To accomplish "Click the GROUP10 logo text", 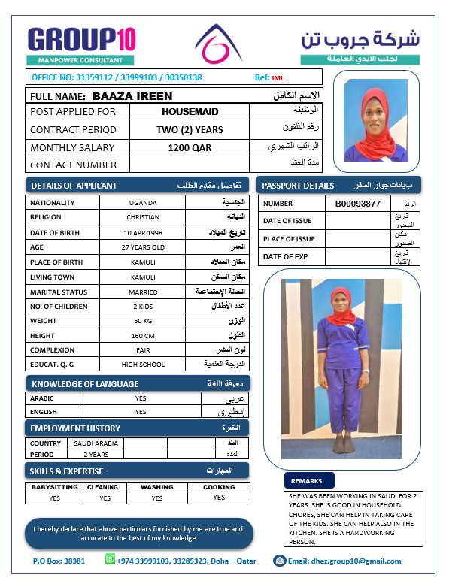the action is (x=81, y=39).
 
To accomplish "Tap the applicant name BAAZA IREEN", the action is (x=132, y=96).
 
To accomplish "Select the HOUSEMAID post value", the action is (x=190, y=111).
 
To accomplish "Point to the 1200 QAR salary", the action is (x=190, y=148).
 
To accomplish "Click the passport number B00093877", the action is (x=358, y=204).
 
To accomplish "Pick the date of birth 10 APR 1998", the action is (x=143, y=233).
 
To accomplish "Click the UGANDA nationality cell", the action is (x=143, y=203).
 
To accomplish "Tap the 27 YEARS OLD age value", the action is (x=143, y=247).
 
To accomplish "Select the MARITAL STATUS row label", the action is (x=55, y=292).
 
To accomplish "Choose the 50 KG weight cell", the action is (x=143, y=321).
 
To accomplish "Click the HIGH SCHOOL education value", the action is (x=143, y=365).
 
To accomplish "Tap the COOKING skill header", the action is (x=219, y=487).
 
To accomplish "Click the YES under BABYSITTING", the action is (x=54, y=498).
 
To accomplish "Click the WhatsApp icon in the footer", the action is (x=111, y=559).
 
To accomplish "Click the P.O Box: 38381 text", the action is (x=59, y=561).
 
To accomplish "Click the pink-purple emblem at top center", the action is (x=218, y=44).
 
